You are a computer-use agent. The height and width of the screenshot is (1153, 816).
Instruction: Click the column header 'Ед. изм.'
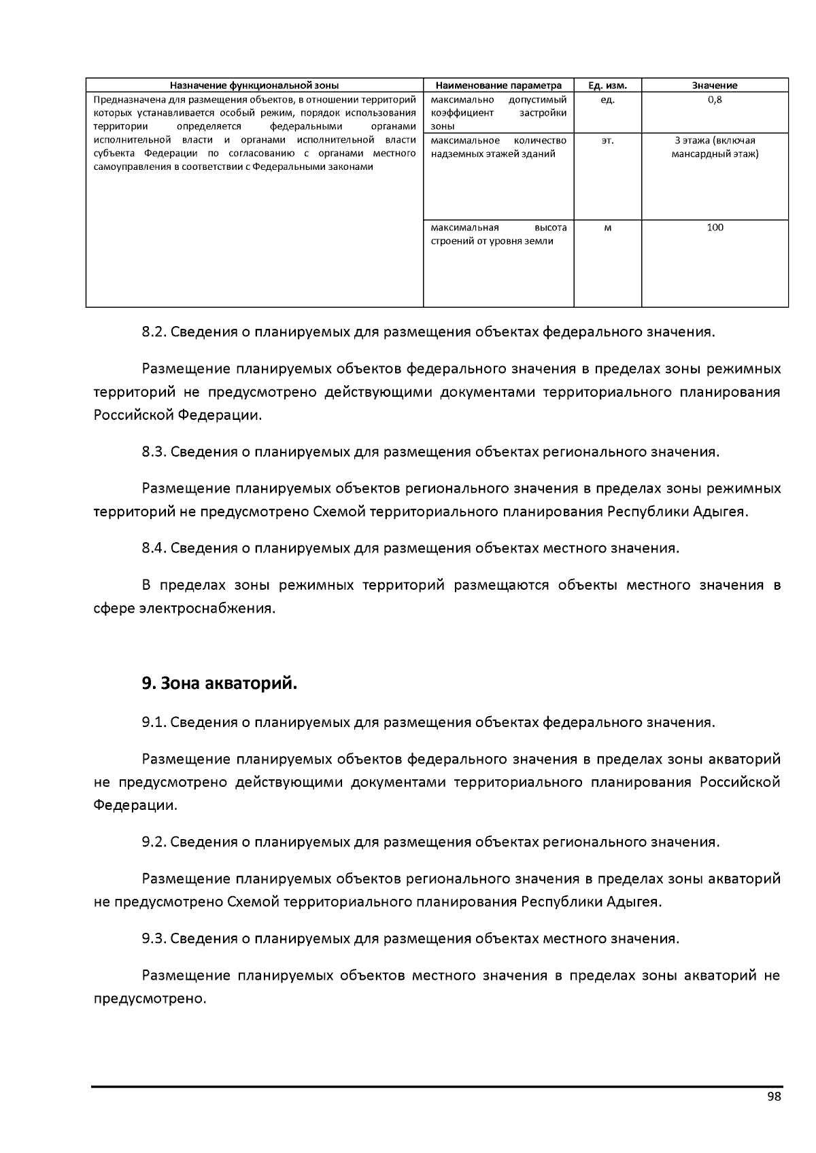click(x=607, y=86)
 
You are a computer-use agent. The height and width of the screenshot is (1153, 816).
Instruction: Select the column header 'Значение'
click(x=715, y=86)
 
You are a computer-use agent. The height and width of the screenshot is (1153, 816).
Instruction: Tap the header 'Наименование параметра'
click(x=498, y=86)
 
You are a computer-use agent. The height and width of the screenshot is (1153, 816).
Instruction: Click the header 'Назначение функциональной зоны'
click(x=254, y=86)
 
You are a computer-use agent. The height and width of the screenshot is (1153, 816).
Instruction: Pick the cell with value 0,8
click(x=715, y=100)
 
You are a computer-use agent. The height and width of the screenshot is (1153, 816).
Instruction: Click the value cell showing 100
click(x=715, y=228)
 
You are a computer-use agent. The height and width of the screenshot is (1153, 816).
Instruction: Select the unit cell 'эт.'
click(x=607, y=141)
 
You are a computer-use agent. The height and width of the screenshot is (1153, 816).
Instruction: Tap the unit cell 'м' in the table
click(x=607, y=228)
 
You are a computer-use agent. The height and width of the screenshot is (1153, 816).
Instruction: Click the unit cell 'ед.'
click(x=607, y=100)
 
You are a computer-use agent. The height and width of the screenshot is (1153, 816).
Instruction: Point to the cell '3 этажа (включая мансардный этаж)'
click(x=715, y=147)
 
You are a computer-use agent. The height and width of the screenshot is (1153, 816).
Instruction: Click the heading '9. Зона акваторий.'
click(x=220, y=684)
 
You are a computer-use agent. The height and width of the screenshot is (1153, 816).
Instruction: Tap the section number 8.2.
click(x=154, y=332)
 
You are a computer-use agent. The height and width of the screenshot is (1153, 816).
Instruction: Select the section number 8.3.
click(x=154, y=452)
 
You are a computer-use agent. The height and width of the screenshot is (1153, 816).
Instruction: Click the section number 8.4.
click(x=154, y=548)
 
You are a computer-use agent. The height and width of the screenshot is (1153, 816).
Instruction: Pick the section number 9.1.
click(x=154, y=722)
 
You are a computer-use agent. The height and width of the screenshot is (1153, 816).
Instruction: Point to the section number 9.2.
click(x=154, y=842)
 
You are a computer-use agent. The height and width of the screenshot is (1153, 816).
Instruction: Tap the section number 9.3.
click(x=154, y=939)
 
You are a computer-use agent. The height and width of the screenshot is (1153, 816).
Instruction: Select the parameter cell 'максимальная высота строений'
click(x=498, y=234)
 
